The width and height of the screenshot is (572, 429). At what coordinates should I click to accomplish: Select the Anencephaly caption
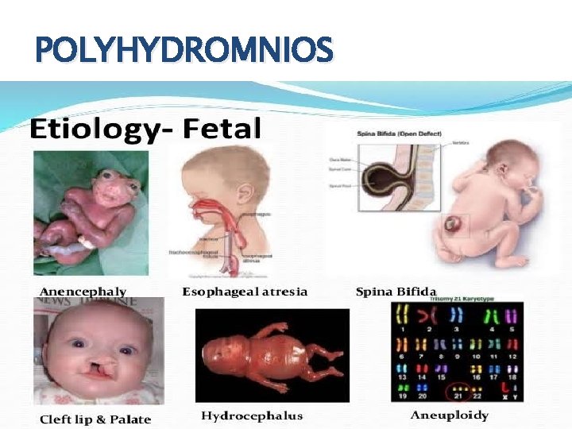coord(83,292)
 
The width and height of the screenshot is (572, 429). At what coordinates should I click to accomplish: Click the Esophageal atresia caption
coord(245,292)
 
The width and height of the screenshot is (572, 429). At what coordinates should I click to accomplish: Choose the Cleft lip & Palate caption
coord(95,419)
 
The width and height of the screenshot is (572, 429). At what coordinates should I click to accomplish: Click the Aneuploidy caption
coord(449,415)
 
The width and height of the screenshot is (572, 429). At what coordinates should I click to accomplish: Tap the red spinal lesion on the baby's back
coord(455,225)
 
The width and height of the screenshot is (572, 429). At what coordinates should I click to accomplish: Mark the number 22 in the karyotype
coord(477,396)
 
